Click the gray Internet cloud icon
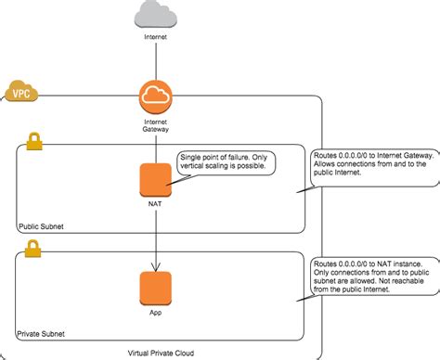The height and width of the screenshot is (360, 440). (x=155, y=15)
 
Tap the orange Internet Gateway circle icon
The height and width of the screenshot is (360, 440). (x=156, y=97)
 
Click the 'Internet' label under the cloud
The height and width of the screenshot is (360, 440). (x=156, y=40)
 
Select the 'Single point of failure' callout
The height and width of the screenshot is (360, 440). (x=226, y=162)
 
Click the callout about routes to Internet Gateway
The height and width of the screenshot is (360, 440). (x=371, y=167)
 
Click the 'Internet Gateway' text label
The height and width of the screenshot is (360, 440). (x=156, y=125)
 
